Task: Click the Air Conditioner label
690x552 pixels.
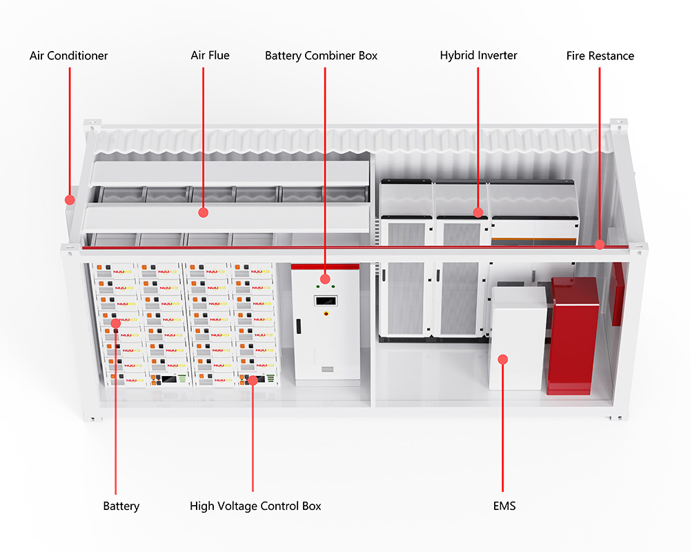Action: pos(68,55)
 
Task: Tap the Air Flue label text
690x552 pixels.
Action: pos(210,55)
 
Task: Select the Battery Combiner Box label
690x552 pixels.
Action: pos(321,55)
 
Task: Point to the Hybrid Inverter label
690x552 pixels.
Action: pos(478,55)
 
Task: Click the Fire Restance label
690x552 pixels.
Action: pos(600,55)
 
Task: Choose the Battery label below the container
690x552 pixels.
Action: pos(121,506)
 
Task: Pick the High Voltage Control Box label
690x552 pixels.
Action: pos(255,506)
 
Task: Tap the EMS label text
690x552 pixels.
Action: pos(504,506)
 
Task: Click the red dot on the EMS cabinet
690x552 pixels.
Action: pos(503,359)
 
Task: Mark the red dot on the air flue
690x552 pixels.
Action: pos(203,213)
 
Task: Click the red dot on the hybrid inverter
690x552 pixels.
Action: pos(477,212)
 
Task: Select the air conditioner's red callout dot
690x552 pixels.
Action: pos(69,199)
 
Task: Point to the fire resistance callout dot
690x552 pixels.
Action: pos(600,244)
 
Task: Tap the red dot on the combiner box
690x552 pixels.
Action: pos(324,279)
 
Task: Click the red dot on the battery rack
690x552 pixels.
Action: pos(115,322)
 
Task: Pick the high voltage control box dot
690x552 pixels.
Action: pos(253,379)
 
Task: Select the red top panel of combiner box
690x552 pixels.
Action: pos(324,266)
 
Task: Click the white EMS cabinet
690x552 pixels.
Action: pos(517,338)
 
